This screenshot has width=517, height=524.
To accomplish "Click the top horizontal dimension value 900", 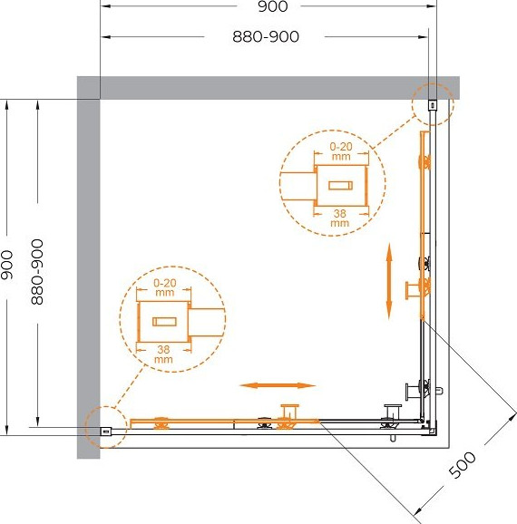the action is pos(272,6).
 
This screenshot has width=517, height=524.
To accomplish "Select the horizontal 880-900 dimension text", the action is pos(266,37).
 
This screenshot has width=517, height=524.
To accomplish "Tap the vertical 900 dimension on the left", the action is pos(6,265).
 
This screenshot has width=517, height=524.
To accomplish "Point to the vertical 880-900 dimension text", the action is pos(37,272).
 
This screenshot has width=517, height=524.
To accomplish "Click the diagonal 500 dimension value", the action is pos(462,464).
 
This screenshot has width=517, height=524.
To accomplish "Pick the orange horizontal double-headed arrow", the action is pos(278,385).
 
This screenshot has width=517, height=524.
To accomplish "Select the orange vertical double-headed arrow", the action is pos(389,281).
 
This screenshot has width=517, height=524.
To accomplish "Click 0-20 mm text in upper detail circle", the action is pos(341,151).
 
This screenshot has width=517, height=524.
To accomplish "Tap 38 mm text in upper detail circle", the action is pos(340,218).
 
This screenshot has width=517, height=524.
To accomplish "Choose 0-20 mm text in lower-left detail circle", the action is pos(164,287).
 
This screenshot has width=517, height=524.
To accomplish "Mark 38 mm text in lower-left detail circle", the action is pos(163,354).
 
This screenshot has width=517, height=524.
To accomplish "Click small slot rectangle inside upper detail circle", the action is pos(340,185).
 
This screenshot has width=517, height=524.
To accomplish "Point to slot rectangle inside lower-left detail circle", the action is pos(164,322).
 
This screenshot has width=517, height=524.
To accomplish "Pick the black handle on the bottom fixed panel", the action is pos(392,412).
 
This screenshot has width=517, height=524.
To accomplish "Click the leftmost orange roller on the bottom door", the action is pos(161,423).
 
